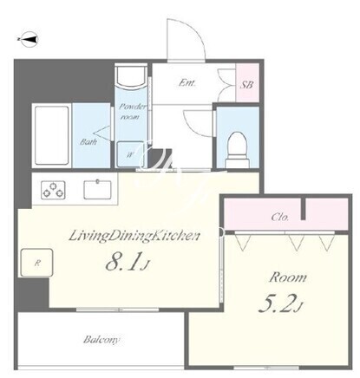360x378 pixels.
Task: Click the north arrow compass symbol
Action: coord(29,40)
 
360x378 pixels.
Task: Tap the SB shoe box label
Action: coord(247,85)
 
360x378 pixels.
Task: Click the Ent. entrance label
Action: coord(187,83)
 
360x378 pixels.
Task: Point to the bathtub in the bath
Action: coord(52,135)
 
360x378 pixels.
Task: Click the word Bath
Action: coord(88,141)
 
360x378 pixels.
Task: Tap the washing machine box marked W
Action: coord(130,154)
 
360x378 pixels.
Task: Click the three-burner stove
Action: coord(53,190)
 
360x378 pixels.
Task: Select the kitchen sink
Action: coord(98,190)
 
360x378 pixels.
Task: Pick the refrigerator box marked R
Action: coord(36,263)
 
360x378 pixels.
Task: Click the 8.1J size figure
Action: coord(128,262)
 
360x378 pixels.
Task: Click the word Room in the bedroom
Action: coord(288,277)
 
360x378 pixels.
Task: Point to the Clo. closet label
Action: coord(280,217)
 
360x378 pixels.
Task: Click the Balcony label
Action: coord(101,339)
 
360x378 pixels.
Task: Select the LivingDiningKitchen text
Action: coord(134,236)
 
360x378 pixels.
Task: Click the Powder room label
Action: coord(132,112)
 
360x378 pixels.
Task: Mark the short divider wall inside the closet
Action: coord(304,209)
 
